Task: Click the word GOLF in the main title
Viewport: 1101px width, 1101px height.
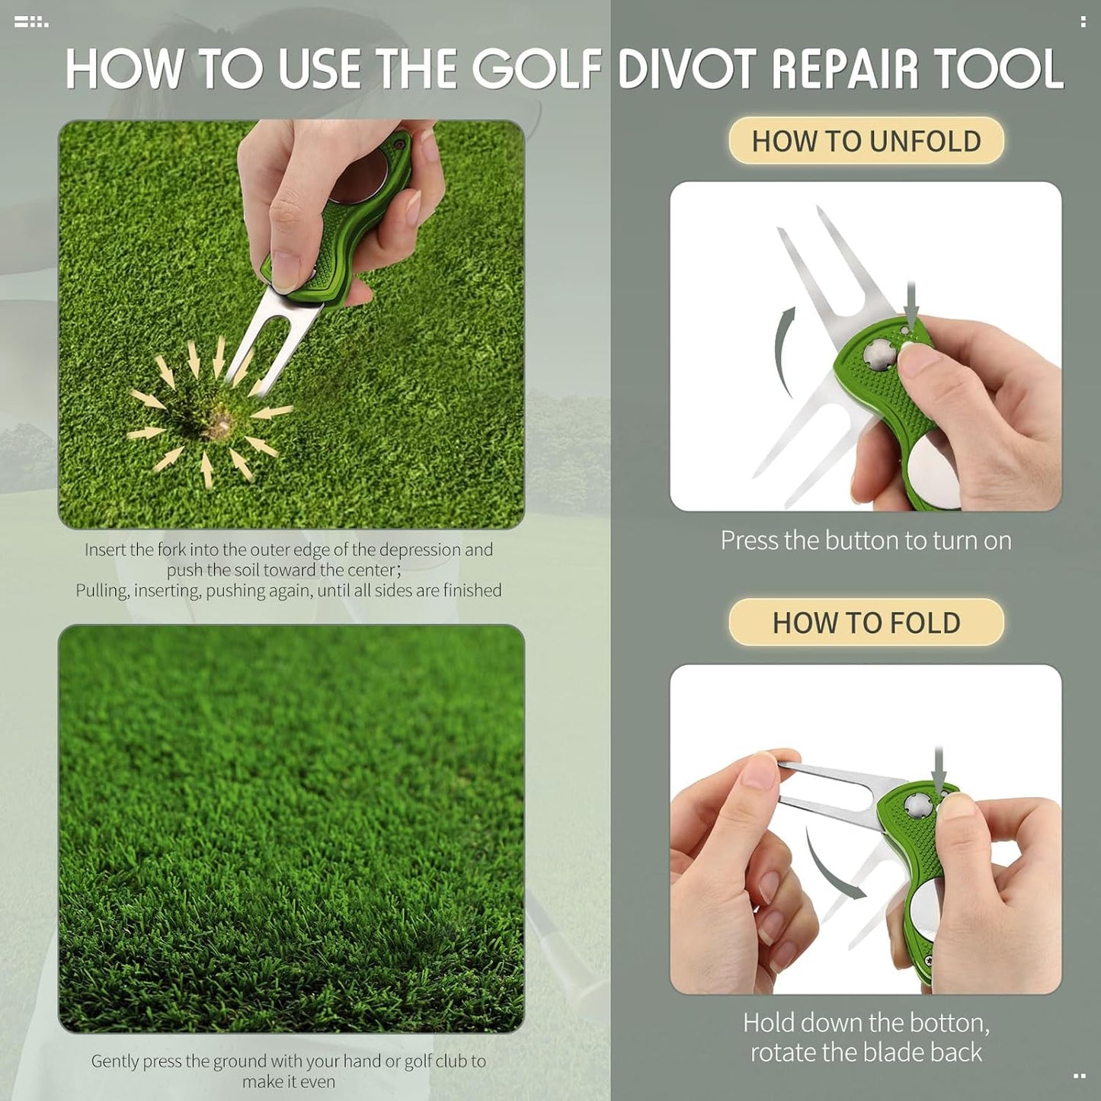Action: click(x=537, y=69)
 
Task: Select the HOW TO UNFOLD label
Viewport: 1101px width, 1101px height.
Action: click(x=866, y=141)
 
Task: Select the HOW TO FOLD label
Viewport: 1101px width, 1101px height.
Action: click(x=866, y=623)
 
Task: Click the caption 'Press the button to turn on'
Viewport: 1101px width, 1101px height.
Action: click(x=866, y=540)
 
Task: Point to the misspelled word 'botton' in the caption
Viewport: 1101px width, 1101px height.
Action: click(x=956, y=1022)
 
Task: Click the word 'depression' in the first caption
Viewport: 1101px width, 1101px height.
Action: click(x=420, y=549)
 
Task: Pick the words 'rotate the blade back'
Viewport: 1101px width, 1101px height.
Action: click(x=866, y=1052)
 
